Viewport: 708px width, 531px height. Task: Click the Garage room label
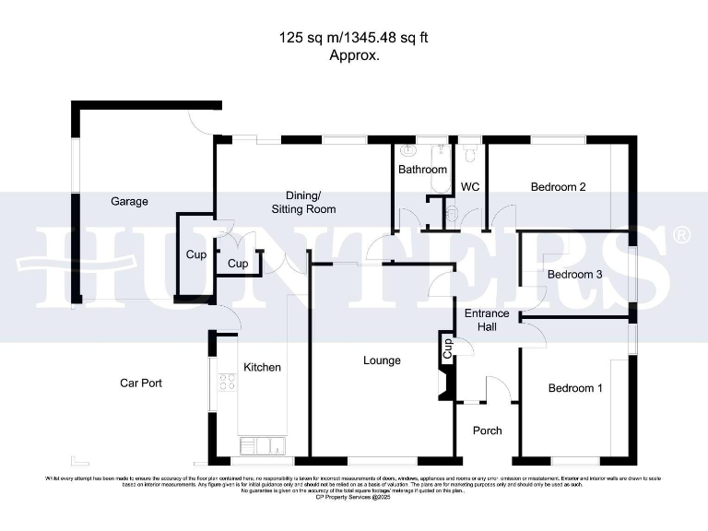click(129, 201)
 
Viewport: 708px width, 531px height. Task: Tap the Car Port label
click(141, 383)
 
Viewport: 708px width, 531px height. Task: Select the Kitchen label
click(262, 367)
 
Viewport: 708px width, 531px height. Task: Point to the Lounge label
click(382, 360)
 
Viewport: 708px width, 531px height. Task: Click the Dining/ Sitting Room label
click(302, 203)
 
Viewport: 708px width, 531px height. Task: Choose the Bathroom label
click(422, 170)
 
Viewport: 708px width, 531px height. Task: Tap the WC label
click(470, 187)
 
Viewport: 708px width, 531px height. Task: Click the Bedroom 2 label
click(558, 187)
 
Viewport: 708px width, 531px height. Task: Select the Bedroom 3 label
click(574, 275)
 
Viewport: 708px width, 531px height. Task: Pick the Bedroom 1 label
click(575, 388)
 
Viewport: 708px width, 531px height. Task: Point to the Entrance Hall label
click(486, 320)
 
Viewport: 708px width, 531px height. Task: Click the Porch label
click(487, 431)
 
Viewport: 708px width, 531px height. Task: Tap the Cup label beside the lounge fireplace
click(447, 348)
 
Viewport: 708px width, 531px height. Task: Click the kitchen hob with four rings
click(225, 381)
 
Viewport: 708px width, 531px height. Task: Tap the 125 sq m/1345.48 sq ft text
click(355, 39)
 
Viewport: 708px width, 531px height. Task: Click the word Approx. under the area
click(355, 54)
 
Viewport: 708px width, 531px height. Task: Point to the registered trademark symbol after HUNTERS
click(681, 235)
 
